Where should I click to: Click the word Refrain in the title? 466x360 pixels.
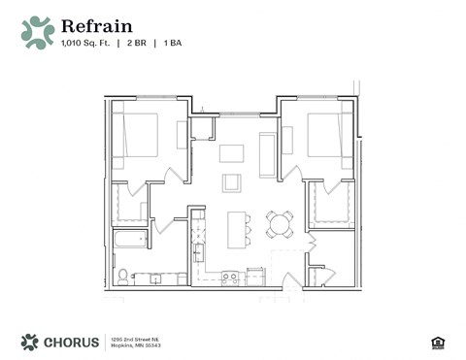[96, 26]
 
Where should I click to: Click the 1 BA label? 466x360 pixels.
[173, 44]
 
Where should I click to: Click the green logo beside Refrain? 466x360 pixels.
[38, 32]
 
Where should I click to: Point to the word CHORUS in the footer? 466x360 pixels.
[72, 342]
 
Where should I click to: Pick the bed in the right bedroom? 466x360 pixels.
[325, 135]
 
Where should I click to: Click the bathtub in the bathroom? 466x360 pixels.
[129, 239]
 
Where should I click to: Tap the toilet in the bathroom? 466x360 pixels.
[122, 277]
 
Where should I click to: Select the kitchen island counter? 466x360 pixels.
[234, 229]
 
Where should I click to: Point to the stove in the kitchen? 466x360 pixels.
[230, 278]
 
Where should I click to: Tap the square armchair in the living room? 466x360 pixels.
[232, 182]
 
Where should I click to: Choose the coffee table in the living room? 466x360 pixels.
[231, 152]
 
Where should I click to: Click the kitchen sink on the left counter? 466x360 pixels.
[197, 254]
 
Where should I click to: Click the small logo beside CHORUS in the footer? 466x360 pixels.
[30, 342]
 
